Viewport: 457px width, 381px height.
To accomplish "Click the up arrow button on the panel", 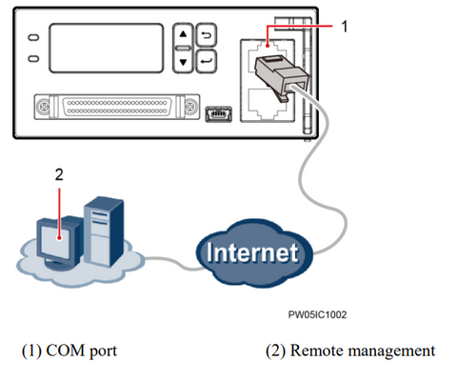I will click(185, 40).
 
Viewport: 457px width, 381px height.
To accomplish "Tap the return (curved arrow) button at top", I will click(206, 40).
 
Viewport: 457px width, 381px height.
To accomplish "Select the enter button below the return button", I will click(206, 64).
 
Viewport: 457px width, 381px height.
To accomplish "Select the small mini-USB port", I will click(217, 113).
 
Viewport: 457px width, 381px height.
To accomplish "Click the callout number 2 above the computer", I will click(58, 176).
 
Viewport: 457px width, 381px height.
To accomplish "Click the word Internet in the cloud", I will click(250, 254).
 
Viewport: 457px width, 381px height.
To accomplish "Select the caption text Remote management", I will click(350, 351).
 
